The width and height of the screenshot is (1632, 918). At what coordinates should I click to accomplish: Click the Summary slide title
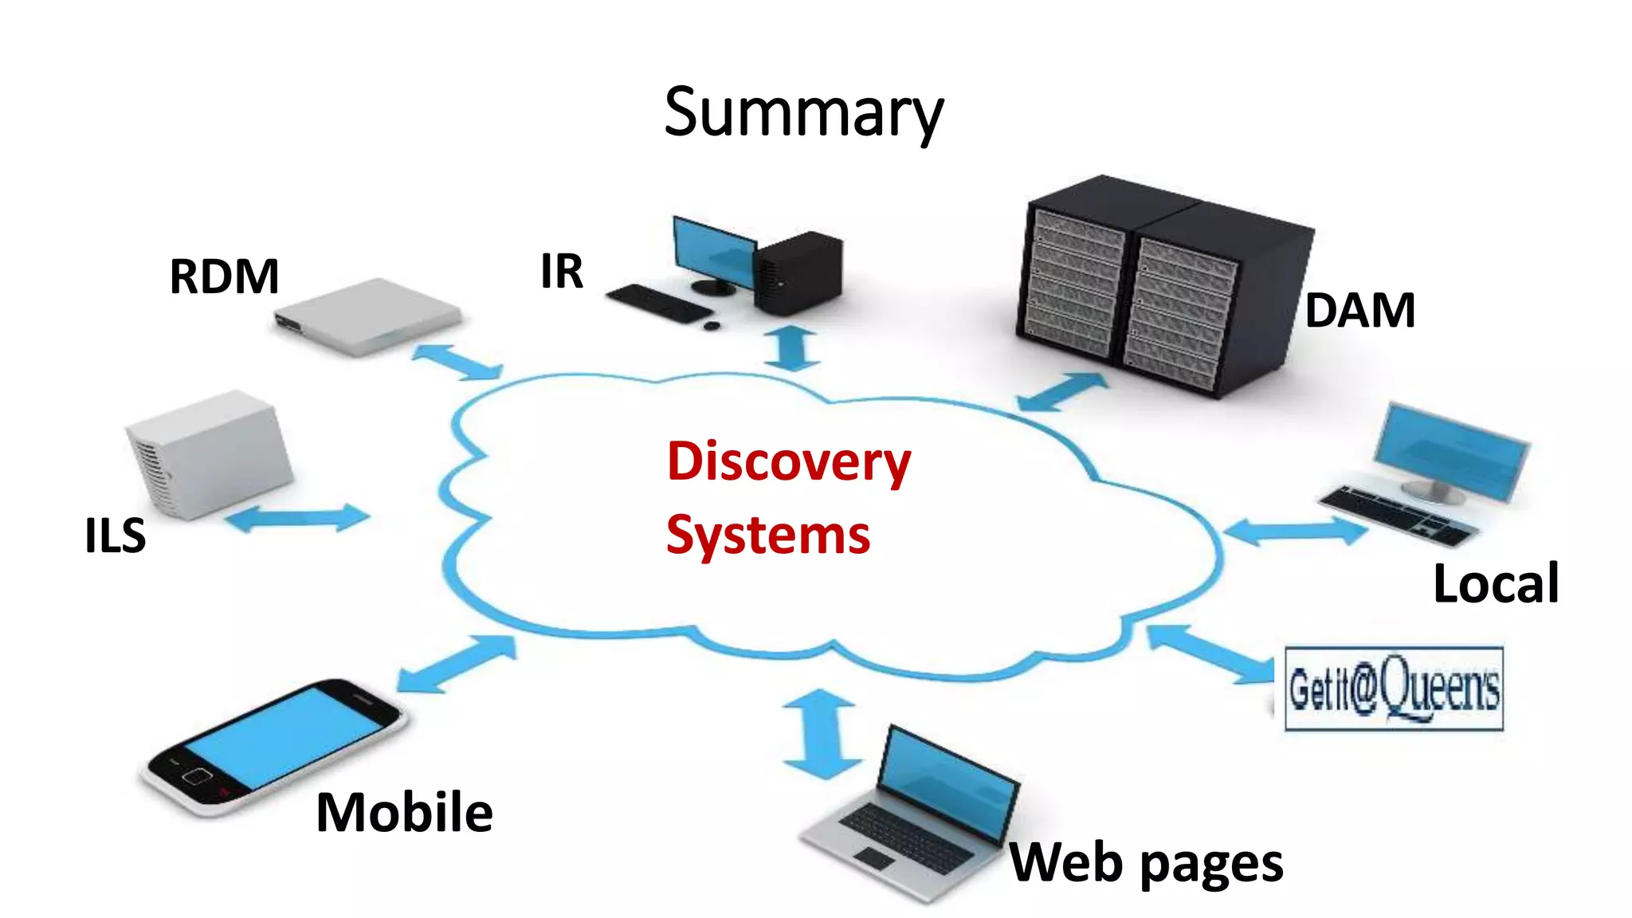coord(803,113)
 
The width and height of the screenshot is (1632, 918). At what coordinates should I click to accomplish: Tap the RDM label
coord(224,277)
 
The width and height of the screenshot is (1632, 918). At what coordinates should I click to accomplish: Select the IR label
coord(562,272)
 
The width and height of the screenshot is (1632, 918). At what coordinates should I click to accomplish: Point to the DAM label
coord(1359,310)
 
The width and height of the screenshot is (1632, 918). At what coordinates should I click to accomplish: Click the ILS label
coord(116,535)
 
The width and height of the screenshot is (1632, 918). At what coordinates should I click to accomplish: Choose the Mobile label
coord(404,812)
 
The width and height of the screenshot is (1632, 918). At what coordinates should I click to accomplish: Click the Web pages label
coord(1146,863)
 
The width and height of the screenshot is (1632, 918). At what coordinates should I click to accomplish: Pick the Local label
coord(1495,583)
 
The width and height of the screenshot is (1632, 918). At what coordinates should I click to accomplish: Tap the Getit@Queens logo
coord(1394,688)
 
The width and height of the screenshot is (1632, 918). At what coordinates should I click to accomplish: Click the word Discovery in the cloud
coord(789,461)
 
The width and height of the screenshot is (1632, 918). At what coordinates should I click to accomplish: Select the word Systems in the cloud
coord(768,535)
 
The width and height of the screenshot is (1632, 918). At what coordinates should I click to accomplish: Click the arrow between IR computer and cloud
coord(792,348)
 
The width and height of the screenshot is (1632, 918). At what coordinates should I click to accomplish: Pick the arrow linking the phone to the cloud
coord(457,664)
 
